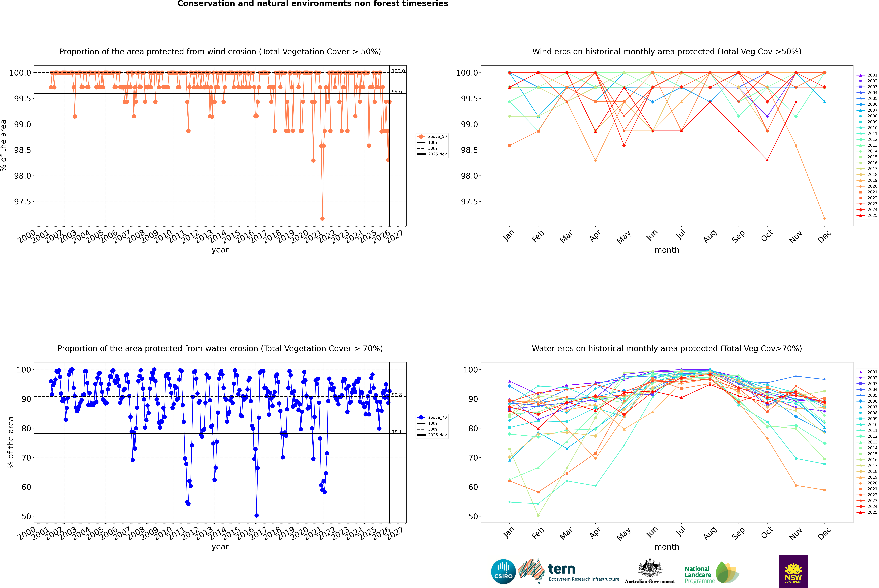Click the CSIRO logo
click(503, 572)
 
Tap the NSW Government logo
click(793, 572)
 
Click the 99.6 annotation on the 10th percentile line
click(397, 91)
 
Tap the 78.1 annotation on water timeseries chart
click(397, 432)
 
